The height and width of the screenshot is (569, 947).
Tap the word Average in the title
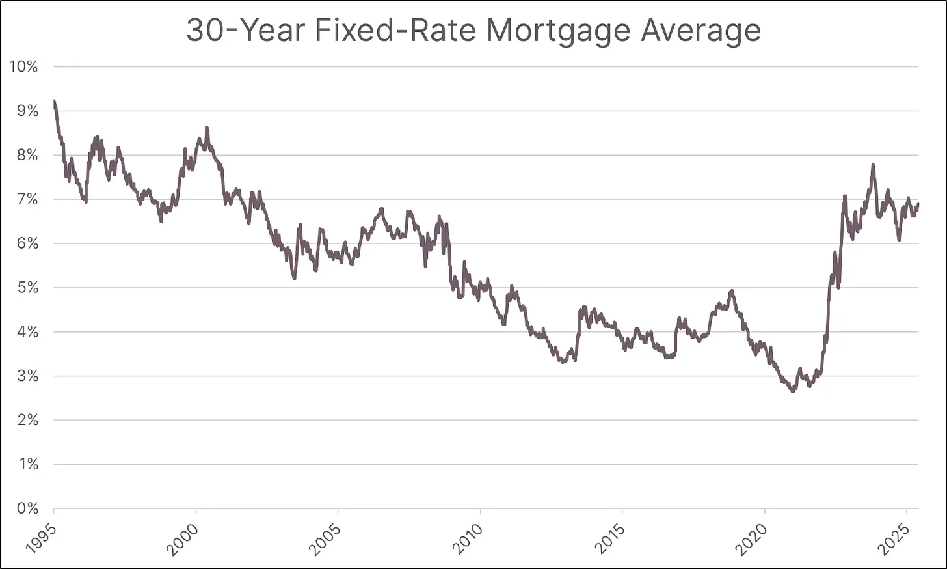click(700, 31)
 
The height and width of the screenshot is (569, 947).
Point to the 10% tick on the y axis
click(24, 66)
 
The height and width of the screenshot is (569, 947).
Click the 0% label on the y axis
click(27, 508)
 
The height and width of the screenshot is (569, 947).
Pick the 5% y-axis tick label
click(27, 288)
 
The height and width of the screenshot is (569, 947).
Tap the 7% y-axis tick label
click(27, 199)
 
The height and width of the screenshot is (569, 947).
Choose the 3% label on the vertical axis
click(27, 376)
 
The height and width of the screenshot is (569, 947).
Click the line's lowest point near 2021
click(792, 391)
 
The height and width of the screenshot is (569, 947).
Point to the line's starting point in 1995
click(54, 101)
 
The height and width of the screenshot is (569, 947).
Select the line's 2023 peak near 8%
click(873, 165)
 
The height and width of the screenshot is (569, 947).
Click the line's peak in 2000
click(206, 128)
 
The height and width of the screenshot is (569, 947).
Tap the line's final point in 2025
click(918, 204)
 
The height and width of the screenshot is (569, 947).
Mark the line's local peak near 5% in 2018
click(732, 291)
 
